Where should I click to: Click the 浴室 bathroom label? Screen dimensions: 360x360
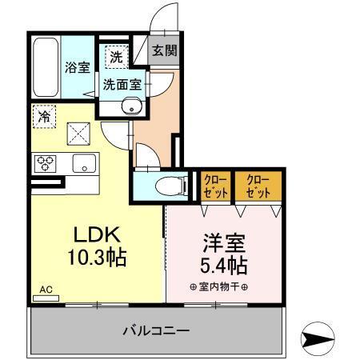78,67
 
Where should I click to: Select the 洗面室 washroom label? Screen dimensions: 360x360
122,82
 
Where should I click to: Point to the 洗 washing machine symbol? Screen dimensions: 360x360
116,58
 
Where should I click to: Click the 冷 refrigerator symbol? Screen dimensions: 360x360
45,116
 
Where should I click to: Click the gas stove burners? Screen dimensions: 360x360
45,164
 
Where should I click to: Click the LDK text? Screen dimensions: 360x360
97,234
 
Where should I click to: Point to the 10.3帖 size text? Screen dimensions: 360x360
97,258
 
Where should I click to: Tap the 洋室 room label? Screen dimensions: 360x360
221,241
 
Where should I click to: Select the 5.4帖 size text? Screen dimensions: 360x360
221,264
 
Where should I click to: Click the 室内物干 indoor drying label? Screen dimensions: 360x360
218,287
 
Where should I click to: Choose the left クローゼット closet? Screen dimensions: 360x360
214,186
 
